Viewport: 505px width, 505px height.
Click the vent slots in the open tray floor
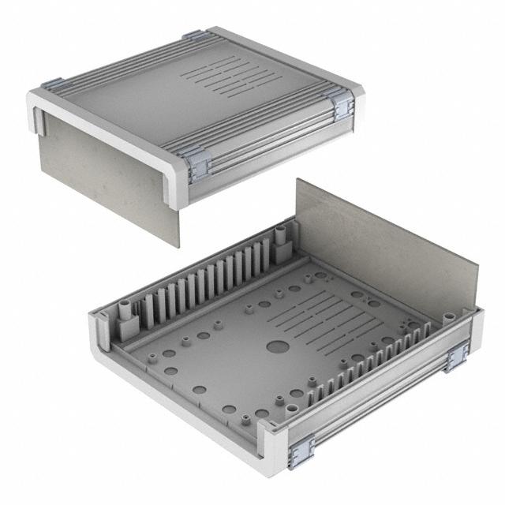316,316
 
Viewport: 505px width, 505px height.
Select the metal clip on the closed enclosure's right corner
343,105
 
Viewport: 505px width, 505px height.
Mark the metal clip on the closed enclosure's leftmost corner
52,84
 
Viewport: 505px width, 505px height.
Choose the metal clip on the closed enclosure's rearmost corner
193,36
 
